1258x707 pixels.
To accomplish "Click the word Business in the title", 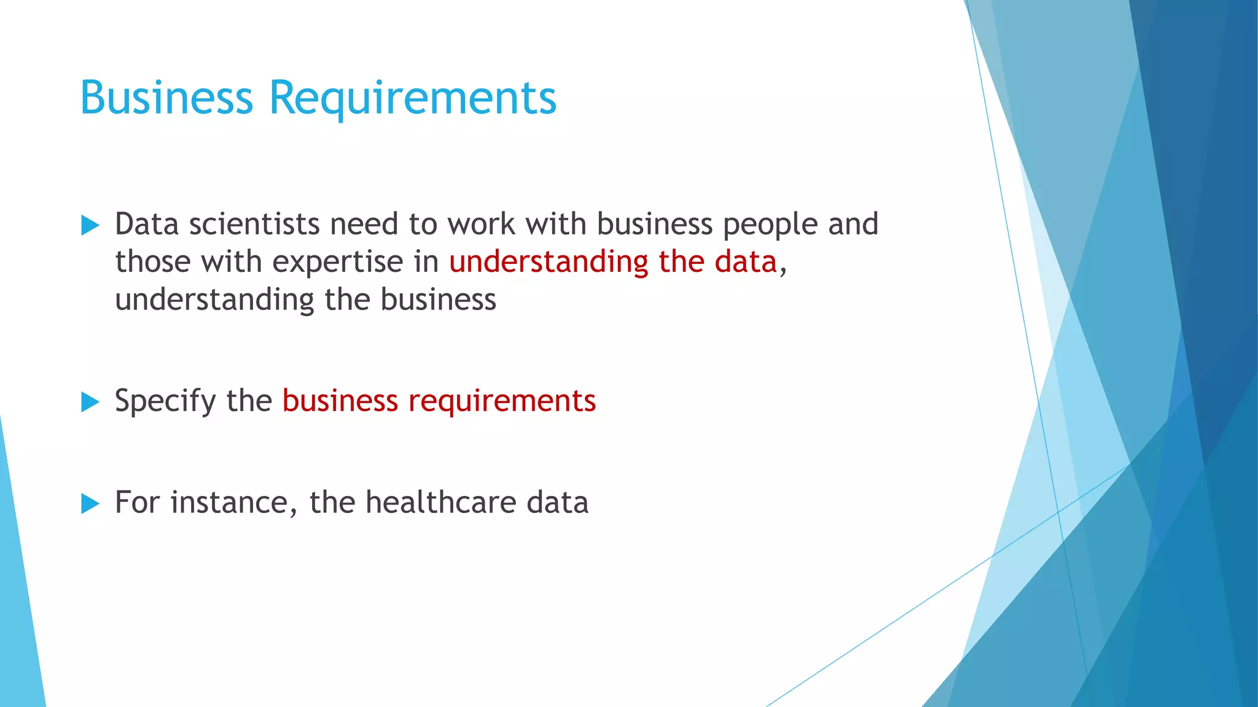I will click(166, 98).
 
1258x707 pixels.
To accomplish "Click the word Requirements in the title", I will click(413, 98).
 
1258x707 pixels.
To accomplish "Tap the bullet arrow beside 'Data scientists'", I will click(90, 225).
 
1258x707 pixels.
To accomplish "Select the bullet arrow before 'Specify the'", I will click(90, 402).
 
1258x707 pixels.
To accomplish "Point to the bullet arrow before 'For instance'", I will click(90, 504).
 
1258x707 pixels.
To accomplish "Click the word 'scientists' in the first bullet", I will click(254, 224).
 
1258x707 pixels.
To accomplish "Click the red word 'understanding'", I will click(549, 262).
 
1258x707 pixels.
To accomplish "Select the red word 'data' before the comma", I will click(746, 262).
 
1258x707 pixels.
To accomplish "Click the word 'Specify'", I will click(165, 401).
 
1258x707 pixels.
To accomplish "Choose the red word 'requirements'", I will click(502, 401).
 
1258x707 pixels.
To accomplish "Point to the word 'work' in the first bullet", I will click(481, 224).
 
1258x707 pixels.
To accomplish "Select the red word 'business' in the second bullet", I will click(340, 401).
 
